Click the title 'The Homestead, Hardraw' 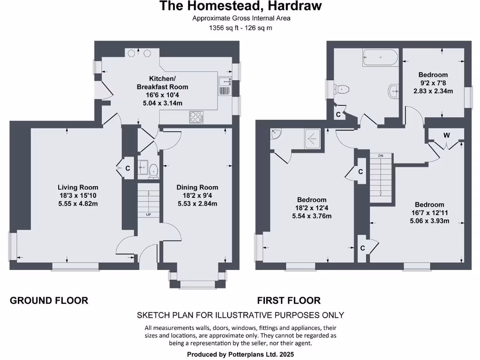coord(240,7)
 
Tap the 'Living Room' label coord(78,187)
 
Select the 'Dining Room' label coord(197,187)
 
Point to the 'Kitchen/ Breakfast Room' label coord(162,82)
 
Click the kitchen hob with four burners coord(196,117)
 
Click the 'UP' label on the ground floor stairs coord(148,215)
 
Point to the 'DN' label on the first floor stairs coord(380,156)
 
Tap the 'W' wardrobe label coord(446,135)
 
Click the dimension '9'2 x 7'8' coord(433,83)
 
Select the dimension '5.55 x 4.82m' coord(78,203)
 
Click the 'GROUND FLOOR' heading coord(49,300)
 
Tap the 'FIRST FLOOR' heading coord(289,300)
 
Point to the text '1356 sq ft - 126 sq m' coord(240,28)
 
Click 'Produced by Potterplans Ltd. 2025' coord(240,354)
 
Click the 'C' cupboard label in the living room coord(127,168)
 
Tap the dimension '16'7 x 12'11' coord(429,213)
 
